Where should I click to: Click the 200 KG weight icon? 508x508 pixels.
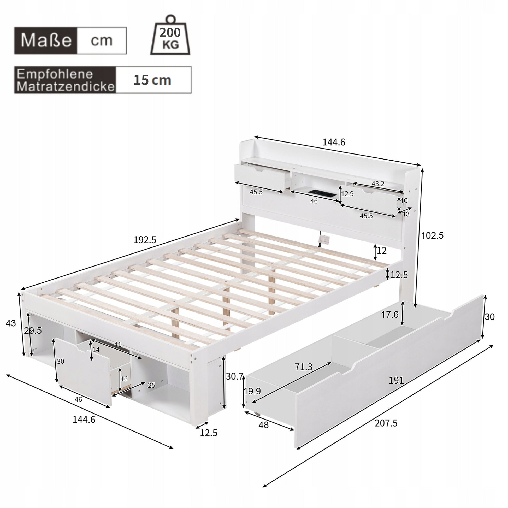click(x=170, y=37)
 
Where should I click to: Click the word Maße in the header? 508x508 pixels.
click(x=46, y=41)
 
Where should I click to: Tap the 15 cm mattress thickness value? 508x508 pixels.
click(x=152, y=80)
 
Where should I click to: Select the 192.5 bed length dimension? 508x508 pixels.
click(x=145, y=240)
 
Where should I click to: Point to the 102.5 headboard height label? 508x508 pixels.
click(x=433, y=235)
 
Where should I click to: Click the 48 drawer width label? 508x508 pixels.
click(x=263, y=432)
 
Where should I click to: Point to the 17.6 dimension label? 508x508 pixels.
click(x=390, y=315)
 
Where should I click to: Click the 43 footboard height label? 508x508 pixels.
click(x=11, y=323)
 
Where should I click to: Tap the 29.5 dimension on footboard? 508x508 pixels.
click(x=33, y=331)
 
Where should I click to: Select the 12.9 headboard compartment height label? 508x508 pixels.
click(x=347, y=194)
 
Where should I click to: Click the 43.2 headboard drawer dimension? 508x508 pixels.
click(x=378, y=184)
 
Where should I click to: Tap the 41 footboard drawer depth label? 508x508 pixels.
click(x=117, y=344)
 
